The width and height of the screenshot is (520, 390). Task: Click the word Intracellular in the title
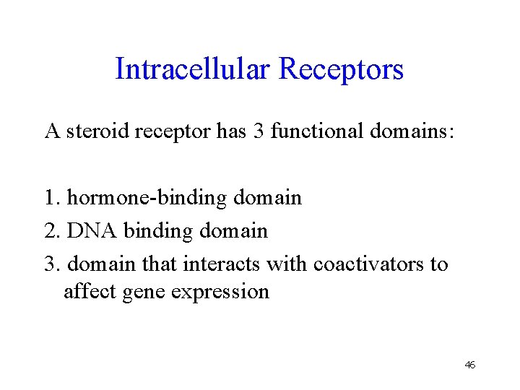tap(193, 69)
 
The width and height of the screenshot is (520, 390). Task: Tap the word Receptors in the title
tap(341, 69)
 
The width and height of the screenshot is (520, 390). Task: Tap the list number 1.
tap(51, 197)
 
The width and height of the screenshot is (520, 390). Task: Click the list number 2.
tap(51, 230)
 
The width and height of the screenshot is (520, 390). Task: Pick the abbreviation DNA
tap(92, 230)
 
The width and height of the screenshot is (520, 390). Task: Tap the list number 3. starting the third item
tap(51, 264)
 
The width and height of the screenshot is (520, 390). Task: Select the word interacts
tap(222, 264)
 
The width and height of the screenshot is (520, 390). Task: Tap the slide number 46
tap(469, 365)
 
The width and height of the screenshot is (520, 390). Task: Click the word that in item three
tap(160, 264)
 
